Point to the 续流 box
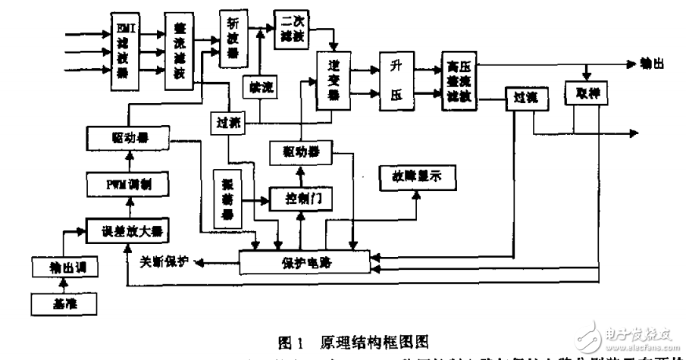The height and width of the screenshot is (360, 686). [258, 89]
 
